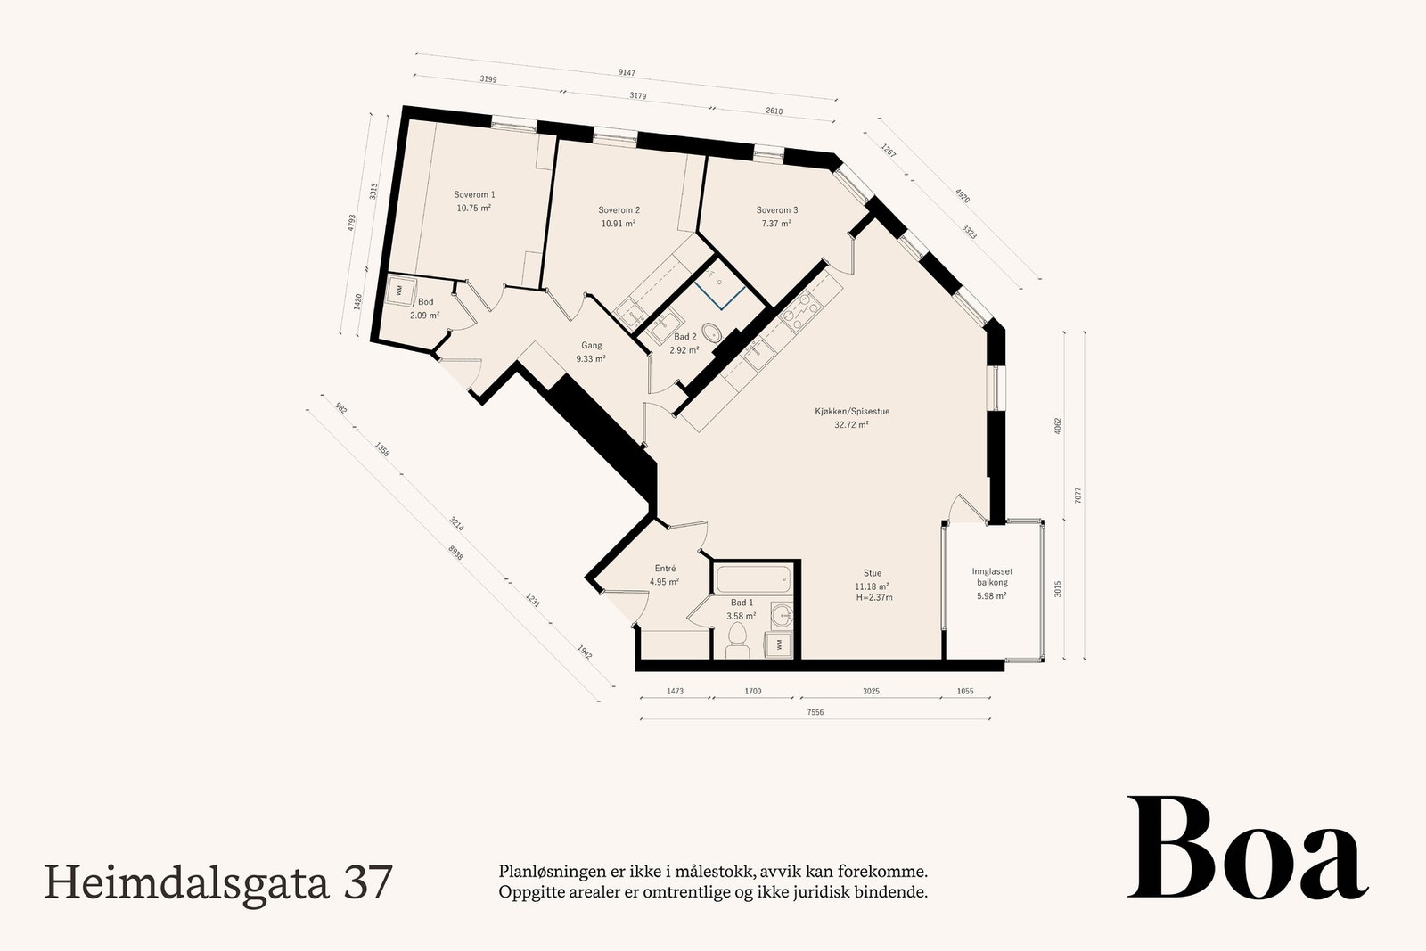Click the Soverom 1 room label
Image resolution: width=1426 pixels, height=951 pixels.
tap(474, 194)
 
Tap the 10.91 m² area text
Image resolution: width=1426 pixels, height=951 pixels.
tap(618, 224)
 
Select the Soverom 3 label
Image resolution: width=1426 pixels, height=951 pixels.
tap(776, 210)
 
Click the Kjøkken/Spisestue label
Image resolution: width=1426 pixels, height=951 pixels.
tap(852, 412)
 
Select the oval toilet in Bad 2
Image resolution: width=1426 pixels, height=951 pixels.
tap(713, 333)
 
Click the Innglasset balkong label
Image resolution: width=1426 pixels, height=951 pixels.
tap(991, 577)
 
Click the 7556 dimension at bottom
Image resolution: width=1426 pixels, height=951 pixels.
tap(815, 712)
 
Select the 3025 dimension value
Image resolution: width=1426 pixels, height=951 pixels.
tap(870, 691)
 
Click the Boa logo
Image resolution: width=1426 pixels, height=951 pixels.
tap(1247, 849)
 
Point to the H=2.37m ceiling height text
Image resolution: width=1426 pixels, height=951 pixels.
tap(873, 597)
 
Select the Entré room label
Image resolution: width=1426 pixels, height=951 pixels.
tap(665, 569)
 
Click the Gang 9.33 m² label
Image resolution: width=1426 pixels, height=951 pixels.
tap(591, 352)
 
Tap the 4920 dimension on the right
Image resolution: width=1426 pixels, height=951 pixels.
tap(962, 197)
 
